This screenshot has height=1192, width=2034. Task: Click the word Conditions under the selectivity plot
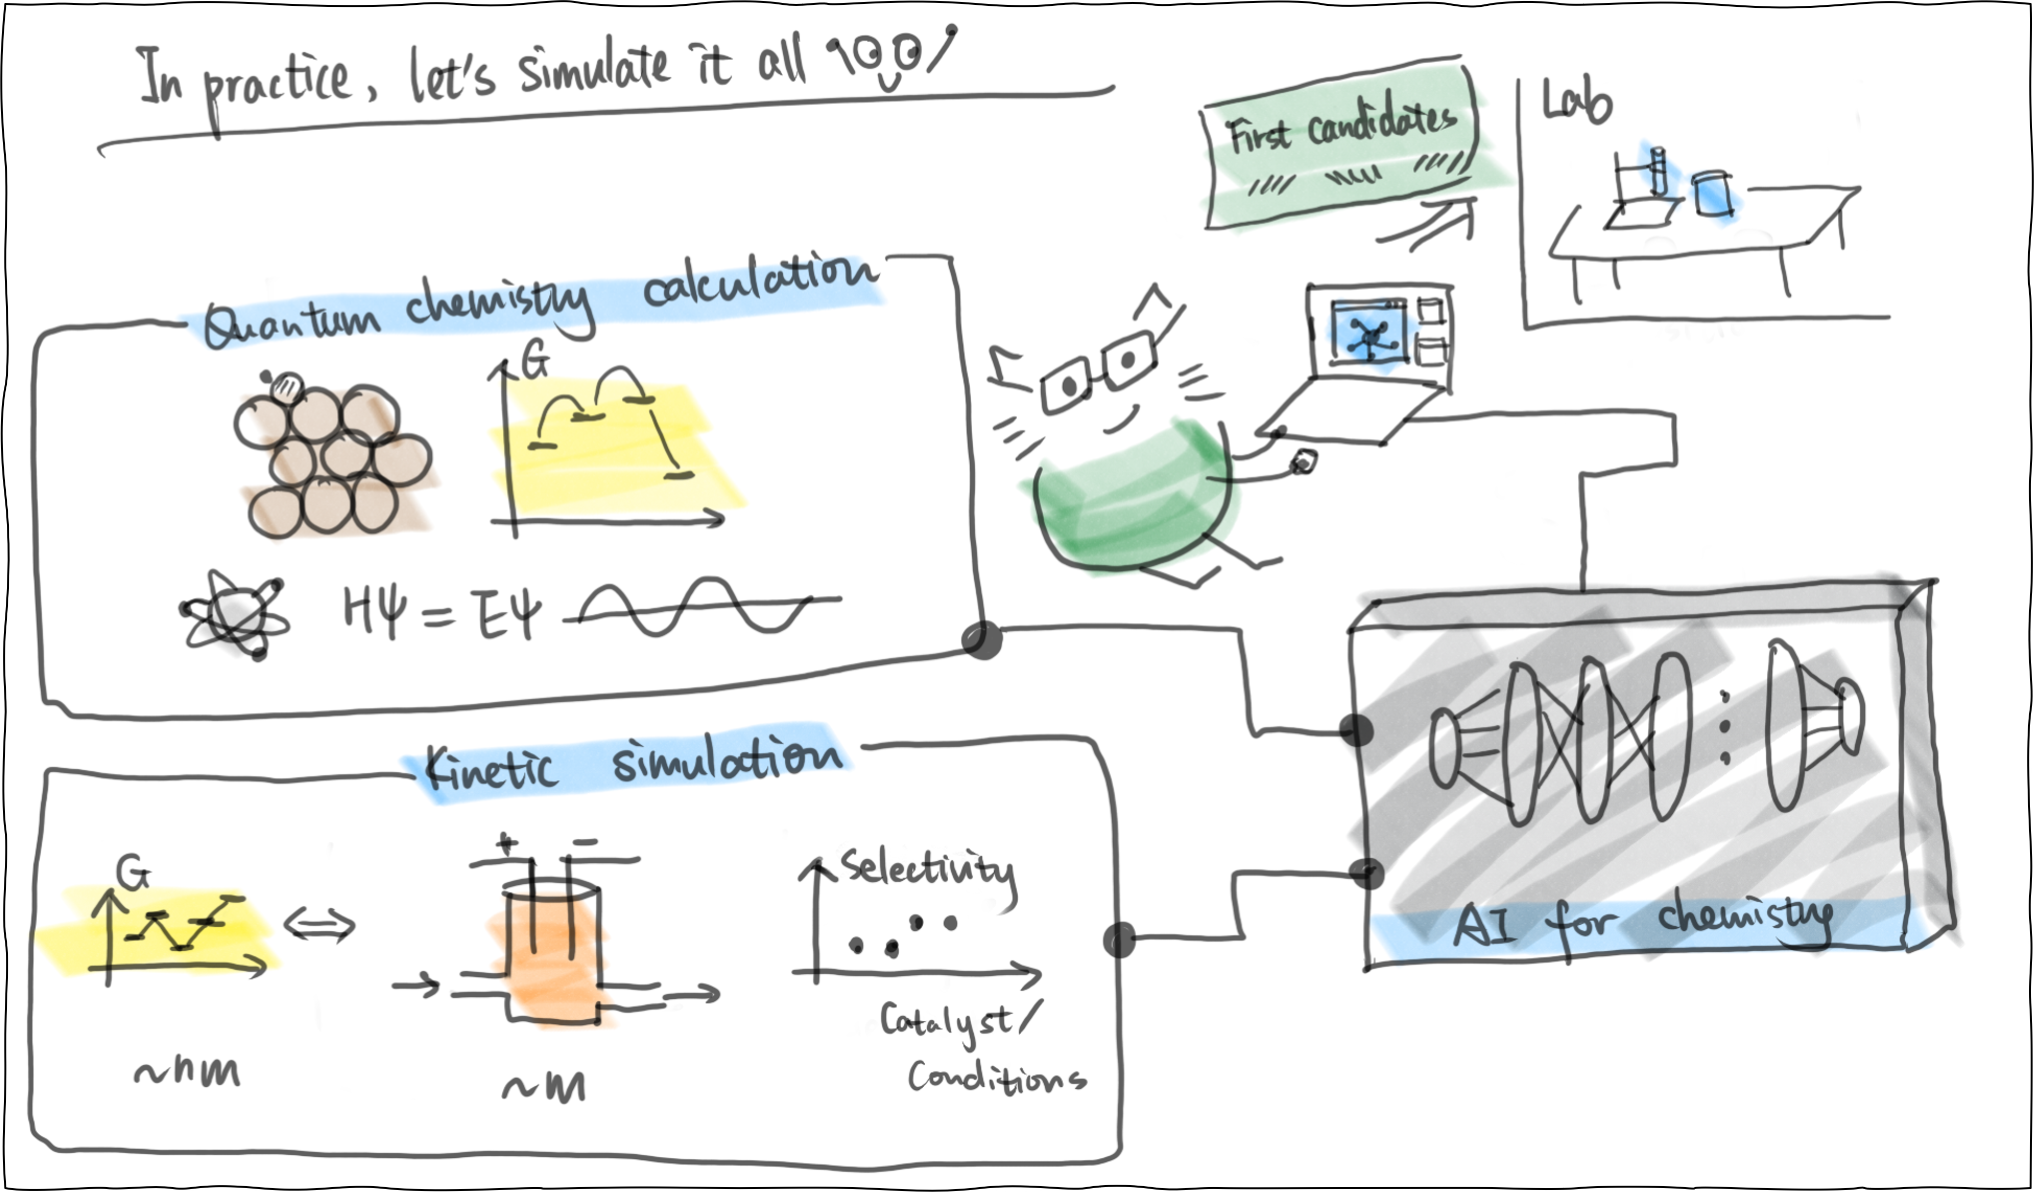tap(997, 1078)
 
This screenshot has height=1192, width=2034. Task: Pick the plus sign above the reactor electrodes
tap(507, 844)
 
